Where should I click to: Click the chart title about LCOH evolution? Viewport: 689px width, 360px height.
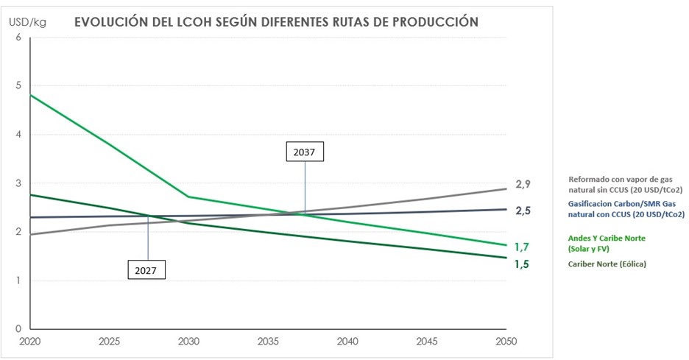(x=276, y=22)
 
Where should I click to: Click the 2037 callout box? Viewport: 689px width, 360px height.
(x=305, y=152)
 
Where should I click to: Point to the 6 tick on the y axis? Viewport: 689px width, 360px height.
(x=18, y=38)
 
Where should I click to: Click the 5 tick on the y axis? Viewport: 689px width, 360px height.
(x=18, y=86)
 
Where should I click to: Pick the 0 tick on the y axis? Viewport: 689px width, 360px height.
(x=18, y=329)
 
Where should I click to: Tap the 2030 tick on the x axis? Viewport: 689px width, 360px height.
(x=188, y=342)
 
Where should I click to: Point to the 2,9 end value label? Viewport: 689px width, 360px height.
(x=523, y=183)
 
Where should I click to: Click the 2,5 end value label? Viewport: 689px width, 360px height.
(x=523, y=211)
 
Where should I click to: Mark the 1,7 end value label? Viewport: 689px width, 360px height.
(x=522, y=247)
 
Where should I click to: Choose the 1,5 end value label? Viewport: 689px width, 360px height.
(x=522, y=264)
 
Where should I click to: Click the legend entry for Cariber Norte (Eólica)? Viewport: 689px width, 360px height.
(x=607, y=264)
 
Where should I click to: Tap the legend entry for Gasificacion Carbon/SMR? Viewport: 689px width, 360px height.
(x=626, y=209)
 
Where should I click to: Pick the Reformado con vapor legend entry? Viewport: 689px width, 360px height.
(x=626, y=184)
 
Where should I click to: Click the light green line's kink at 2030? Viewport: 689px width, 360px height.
(x=188, y=197)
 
